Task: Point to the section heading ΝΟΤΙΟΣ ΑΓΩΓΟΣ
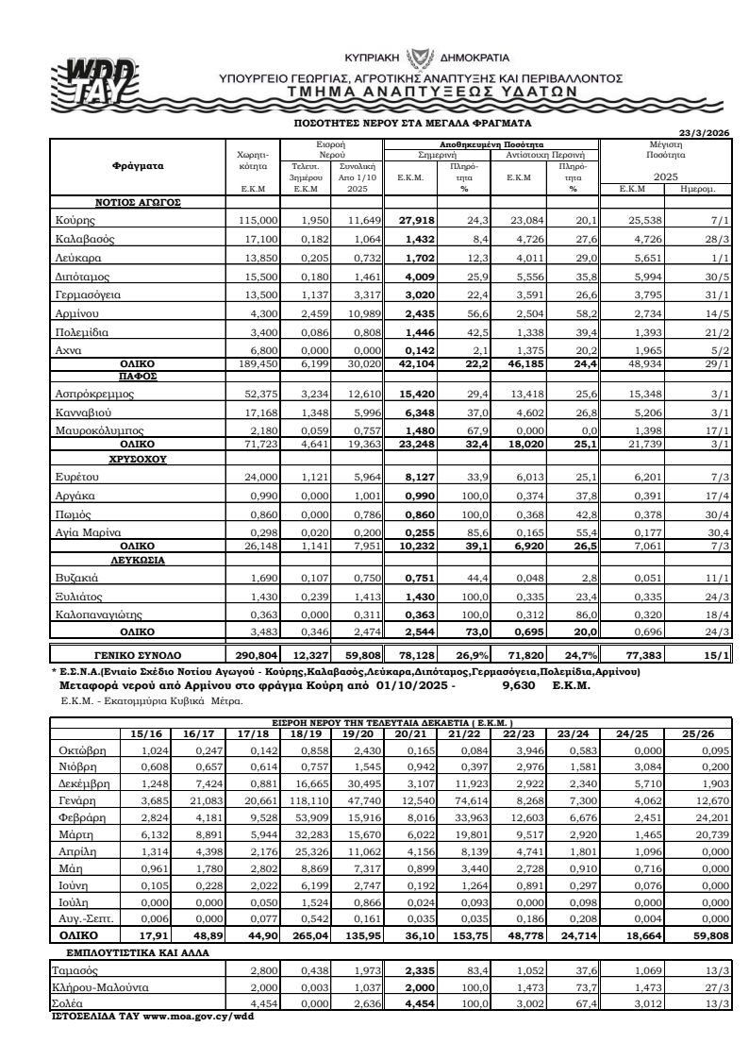point(138,202)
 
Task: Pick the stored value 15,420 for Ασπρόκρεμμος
point(413,392)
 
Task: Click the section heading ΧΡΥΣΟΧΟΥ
point(138,459)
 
